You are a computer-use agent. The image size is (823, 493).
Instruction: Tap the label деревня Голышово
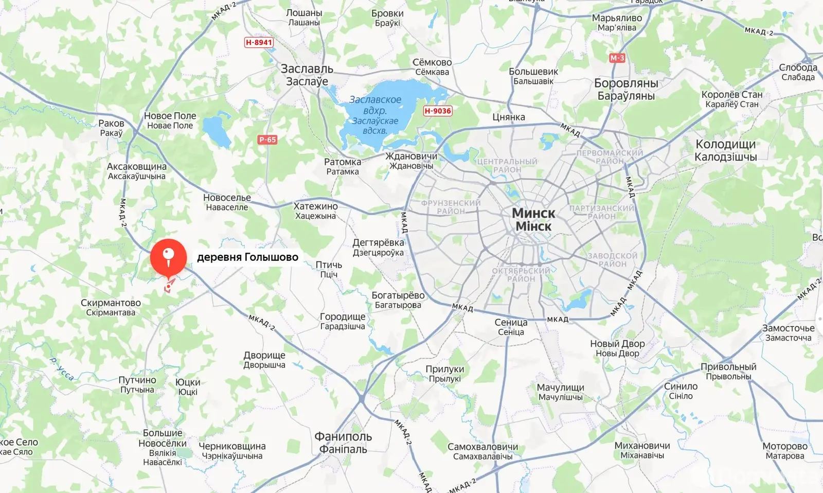pyautogui.click(x=247, y=257)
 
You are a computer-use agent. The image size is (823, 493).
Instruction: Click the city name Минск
pyautogui.click(x=533, y=213)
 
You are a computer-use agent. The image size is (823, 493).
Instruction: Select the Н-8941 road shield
pyautogui.click(x=259, y=42)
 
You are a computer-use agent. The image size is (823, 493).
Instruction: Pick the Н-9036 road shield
pyautogui.click(x=438, y=111)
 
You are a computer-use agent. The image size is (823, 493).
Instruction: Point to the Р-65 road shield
pyautogui.click(x=267, y=139)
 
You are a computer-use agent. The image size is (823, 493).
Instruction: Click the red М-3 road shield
pyautogui.click(x=617, y=58)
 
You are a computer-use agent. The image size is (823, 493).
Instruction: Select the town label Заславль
pyautogui.click(x=307, y=69)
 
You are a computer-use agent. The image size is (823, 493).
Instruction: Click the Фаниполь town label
pyautogui.click(x=343, y=437)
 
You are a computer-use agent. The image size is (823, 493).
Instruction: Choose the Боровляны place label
pyautogui.click(x=626, y=83)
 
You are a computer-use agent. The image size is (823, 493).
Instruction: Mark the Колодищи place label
pyautogui.click(x=725, y=145)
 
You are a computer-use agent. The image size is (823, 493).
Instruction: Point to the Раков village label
pyautogui.click(x=111, y=124)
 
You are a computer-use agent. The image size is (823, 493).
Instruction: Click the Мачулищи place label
pyautogui.click(x=560, y=388)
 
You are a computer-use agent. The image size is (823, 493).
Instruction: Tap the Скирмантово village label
pyautogui.click(x=111, y=303)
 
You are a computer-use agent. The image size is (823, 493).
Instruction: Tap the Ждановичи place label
pyautogui.click(x=411, y=156)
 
